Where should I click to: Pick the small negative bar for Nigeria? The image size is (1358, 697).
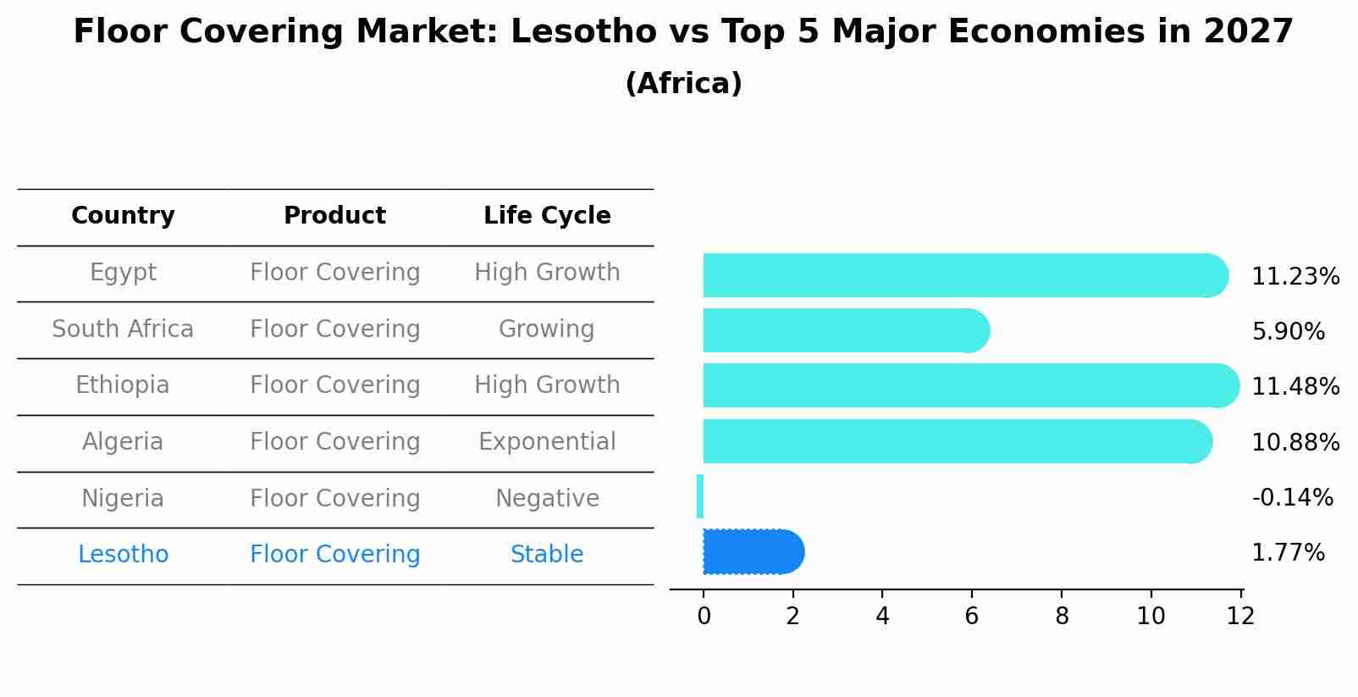tap(700, 496)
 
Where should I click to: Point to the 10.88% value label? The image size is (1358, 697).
tap(1295, 442)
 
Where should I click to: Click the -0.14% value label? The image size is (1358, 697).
tap(1292, 497)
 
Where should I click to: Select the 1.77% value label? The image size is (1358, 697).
tap(1287, 553)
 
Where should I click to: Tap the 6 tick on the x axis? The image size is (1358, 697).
tap(971, 616)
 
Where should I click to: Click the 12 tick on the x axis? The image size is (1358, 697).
tap(1239, 616)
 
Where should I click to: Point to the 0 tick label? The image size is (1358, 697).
tap(704, 616)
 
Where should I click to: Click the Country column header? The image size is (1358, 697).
tap(123, 216)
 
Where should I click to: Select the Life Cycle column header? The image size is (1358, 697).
tap(547, 216)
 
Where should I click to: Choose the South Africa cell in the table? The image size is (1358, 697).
tap(123, 329)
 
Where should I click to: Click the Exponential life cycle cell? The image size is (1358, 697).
tap(547, 442)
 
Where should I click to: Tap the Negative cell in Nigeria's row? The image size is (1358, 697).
tap(547, 498)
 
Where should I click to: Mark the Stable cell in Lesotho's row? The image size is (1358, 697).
tap(547, 555)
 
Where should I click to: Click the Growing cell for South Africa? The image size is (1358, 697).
tap(547, 329)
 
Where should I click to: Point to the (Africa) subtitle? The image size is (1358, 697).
tap(683, 84)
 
